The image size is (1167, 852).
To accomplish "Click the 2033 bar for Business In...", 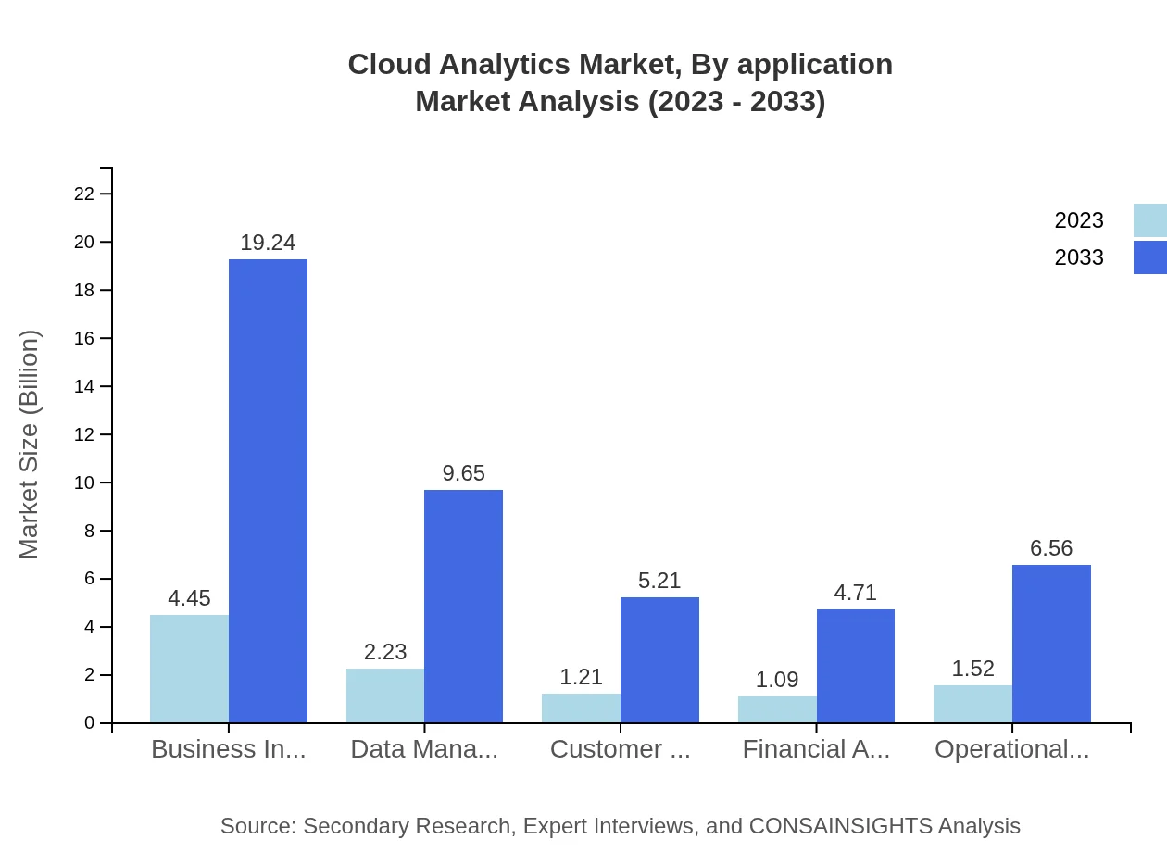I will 268,491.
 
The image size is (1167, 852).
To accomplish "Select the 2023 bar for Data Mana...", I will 385,695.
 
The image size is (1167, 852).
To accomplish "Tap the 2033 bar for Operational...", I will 1051,644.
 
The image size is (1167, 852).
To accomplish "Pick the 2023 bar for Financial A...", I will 777,709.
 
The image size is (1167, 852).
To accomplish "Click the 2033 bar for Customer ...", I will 659,659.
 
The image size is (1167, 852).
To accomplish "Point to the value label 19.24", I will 268,243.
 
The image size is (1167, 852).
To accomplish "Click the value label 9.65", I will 463,473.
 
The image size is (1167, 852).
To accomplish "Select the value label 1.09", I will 777,680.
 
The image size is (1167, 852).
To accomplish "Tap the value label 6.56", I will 1051,548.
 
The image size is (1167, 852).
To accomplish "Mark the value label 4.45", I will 189,598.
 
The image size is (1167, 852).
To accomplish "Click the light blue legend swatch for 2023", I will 1149,220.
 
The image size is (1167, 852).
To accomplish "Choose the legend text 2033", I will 1079,257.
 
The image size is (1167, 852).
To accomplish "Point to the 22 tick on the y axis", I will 84,194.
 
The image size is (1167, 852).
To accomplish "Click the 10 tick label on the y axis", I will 84,482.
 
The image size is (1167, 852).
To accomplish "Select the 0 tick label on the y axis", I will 90,722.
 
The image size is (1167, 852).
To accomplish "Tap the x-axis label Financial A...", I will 816,749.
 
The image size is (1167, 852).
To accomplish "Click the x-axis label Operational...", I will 1011,749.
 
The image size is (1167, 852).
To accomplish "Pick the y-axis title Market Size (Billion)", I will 29,445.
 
